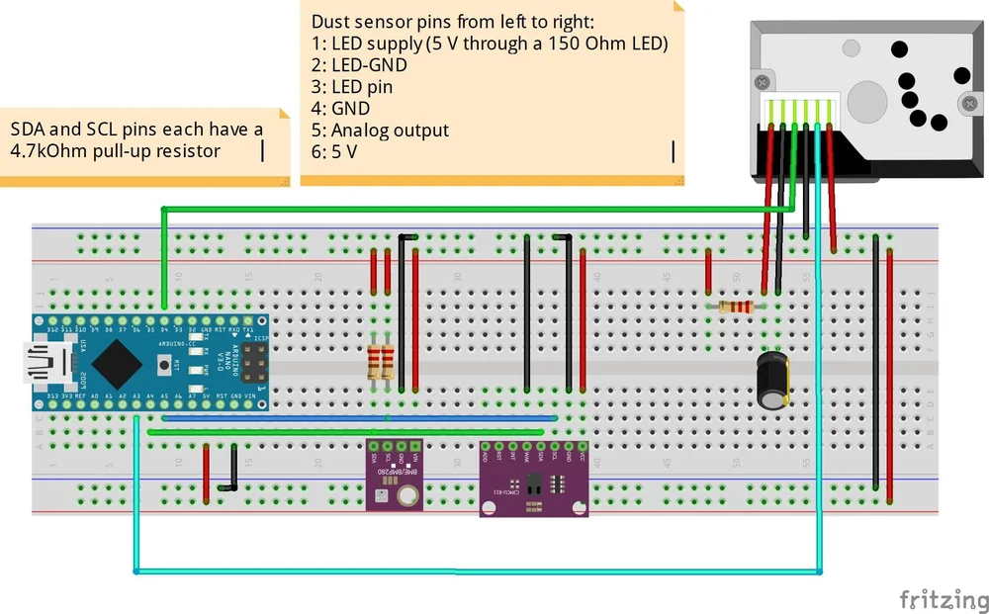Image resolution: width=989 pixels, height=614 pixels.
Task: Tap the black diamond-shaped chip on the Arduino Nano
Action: [117, 363]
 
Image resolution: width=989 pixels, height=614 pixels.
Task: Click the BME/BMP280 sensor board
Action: [393, 475]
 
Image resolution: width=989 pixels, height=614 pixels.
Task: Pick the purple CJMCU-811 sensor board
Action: [535, 479]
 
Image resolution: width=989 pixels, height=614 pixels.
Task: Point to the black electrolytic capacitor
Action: [772, 378]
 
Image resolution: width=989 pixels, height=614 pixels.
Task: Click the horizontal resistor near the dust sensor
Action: [735, 307]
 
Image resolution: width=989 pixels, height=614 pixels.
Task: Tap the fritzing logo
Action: [943, 599]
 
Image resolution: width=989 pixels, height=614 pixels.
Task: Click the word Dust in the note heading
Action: [331, 21]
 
